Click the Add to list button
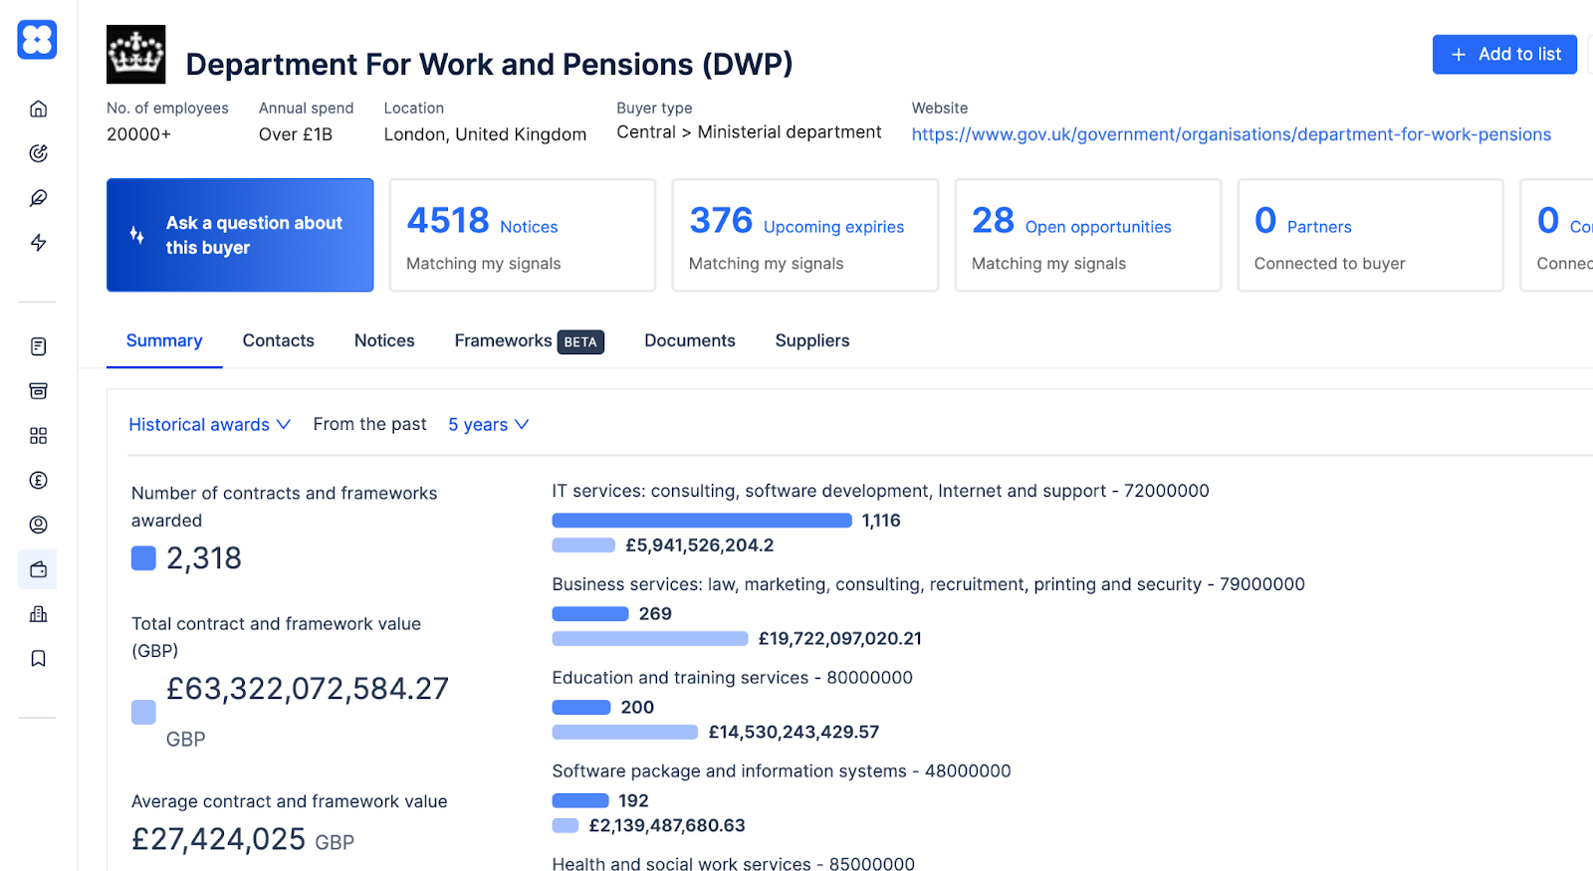1503,55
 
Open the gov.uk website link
1231,134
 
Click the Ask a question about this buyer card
240,235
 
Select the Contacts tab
278,340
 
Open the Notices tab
384,340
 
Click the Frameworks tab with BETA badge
528,340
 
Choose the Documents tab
689,340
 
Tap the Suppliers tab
811,340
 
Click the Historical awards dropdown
209,424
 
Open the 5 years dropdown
488,424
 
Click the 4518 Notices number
448,220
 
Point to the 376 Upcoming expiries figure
721,220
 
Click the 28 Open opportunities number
993,220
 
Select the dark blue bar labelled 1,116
701,521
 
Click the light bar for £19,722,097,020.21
649,639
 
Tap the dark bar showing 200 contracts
581,708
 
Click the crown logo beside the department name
136,55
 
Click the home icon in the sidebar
38,109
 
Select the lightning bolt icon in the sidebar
38,243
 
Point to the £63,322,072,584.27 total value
307,689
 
